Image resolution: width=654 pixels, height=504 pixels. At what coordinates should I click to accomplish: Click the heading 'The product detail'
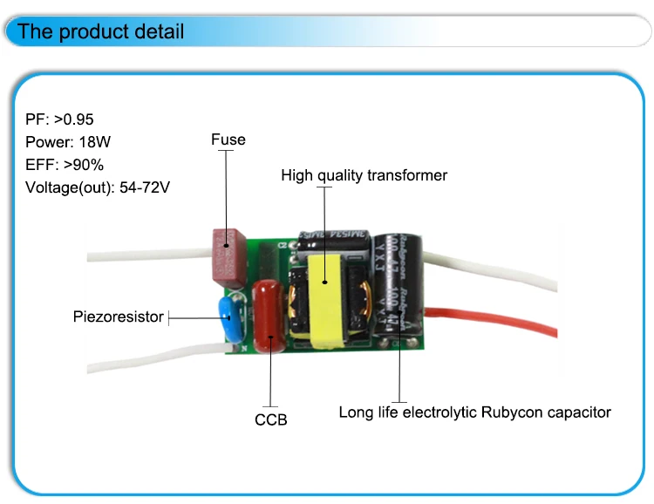101,32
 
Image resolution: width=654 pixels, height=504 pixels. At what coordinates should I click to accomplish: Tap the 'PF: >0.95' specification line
59,119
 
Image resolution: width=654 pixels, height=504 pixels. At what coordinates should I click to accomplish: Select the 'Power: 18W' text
68,141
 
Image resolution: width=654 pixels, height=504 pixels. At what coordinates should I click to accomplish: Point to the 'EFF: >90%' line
65,164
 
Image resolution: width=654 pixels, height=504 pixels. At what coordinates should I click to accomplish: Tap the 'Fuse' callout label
228,140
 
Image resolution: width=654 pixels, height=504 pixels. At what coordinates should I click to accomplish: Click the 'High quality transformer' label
364,175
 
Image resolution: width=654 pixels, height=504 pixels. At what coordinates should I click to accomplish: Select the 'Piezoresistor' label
118,317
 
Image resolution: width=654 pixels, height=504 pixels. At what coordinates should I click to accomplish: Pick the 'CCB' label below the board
270,419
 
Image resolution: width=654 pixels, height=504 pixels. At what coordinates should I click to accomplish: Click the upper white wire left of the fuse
148,256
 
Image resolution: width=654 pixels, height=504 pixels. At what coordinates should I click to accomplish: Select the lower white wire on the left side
148,359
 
